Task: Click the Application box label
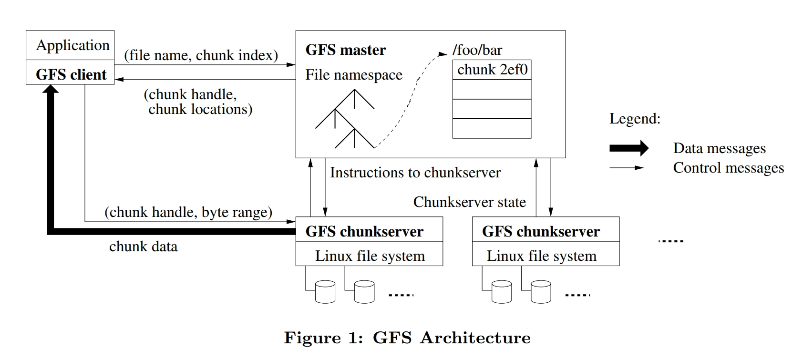(72, 45)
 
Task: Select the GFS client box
(71, 74)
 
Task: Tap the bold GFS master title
(346, 50)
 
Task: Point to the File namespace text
(354, 75)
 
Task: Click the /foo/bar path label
(477, 50)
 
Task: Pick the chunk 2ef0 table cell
(492, 70)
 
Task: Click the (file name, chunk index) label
(201, 55)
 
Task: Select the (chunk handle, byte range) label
(188, 212)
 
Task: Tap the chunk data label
(143, 247)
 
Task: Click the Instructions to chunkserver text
(415, 173)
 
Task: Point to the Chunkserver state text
(469, 202)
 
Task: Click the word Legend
(635, 119)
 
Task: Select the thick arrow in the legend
(628, 148)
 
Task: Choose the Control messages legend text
(728, 168)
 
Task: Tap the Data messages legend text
(719, 148)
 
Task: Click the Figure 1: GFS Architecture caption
(407, 338)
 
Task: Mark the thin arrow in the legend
(626, 168)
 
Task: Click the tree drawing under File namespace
(345, 119)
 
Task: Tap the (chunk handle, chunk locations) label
(197, 102)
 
